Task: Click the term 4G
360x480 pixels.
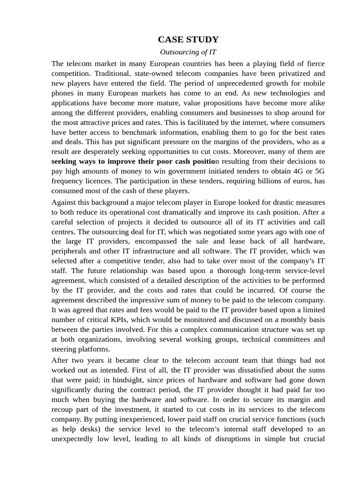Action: click(x=300, y=172)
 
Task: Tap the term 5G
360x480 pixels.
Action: click(x=320, y=172)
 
